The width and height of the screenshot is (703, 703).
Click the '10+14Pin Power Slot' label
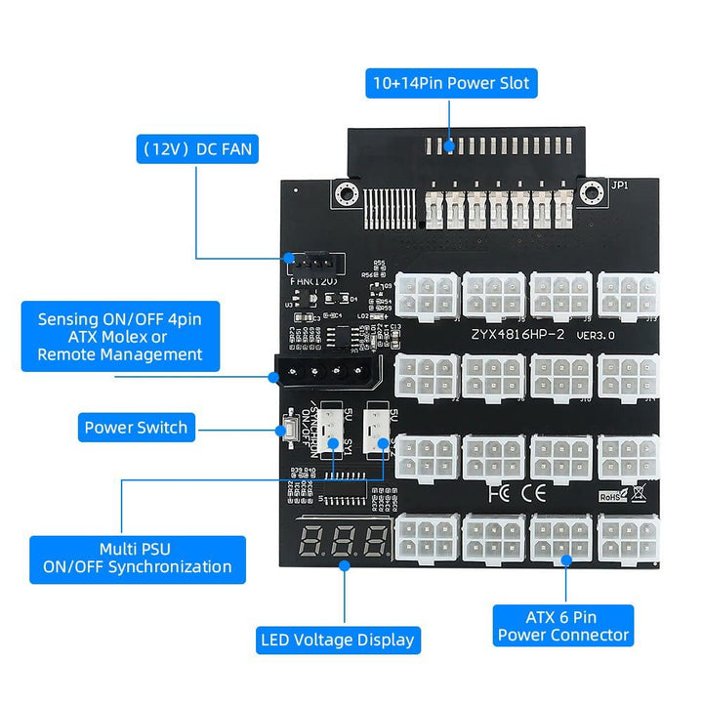click(x=449, y=83)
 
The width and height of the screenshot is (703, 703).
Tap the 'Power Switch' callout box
click(x=136, y=427)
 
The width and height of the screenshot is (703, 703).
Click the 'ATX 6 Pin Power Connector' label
click(x=563, y=625)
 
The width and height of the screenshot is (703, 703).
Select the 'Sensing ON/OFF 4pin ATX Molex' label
click(x=120, y=337)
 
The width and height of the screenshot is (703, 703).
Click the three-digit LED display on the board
click(x=343, y=540)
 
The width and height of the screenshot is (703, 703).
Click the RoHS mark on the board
click(x=612, y=497)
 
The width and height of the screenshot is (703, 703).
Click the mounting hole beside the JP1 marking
click(x=588, y=191)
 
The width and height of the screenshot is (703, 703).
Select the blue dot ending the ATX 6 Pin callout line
click(x=565, y=558)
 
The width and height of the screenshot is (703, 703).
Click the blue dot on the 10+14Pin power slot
click(x=449, y=147)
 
